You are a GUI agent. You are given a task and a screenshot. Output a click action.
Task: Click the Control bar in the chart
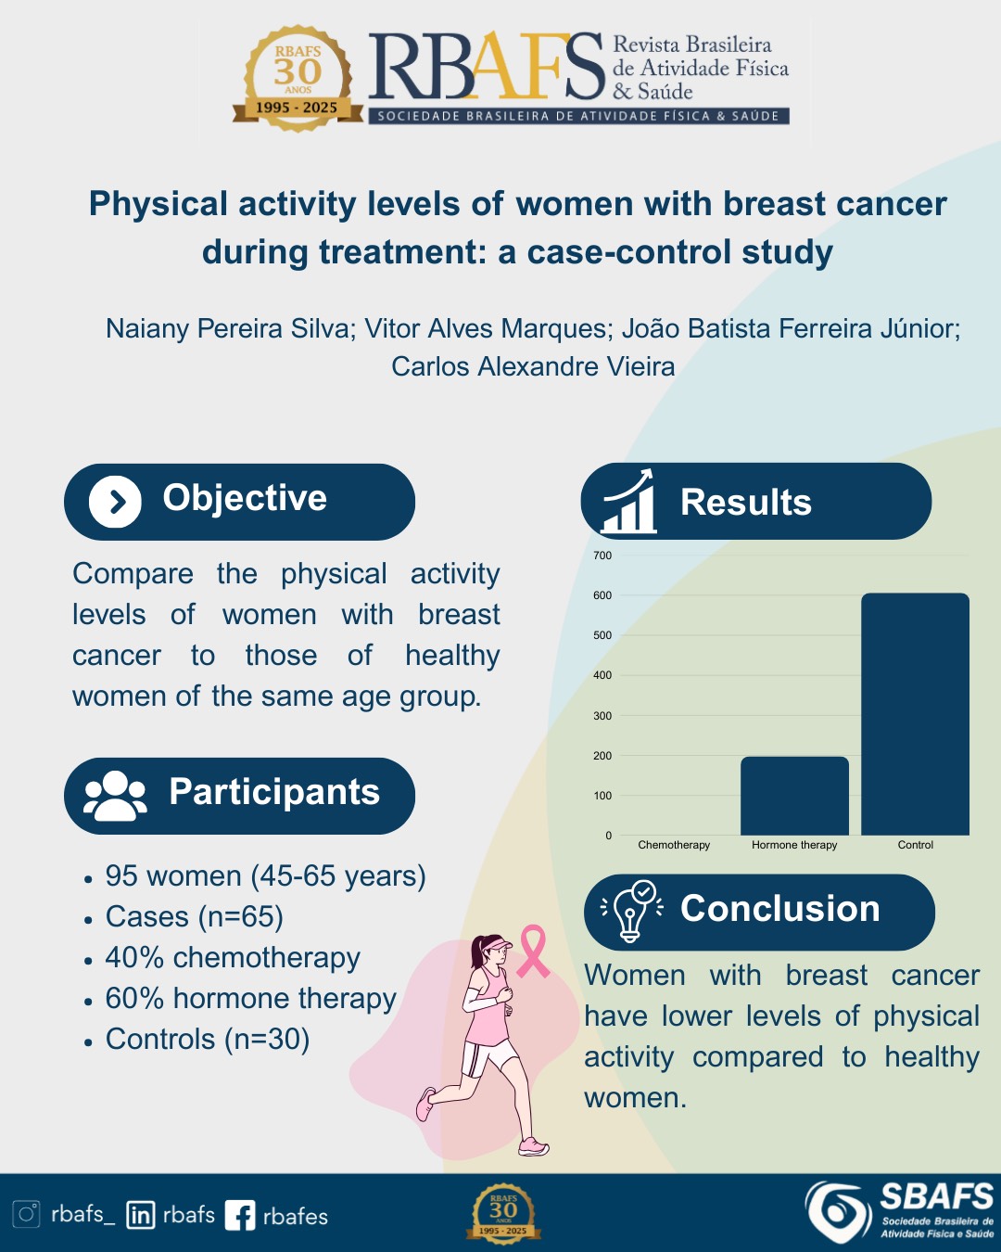point(915,714)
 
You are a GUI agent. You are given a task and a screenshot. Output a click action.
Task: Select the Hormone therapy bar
point(794,796)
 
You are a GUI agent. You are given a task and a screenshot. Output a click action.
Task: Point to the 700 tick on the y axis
point(602,556)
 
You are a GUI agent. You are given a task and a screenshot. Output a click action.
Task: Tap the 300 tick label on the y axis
point(602,716)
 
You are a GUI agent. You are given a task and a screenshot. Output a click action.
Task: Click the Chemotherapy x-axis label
point(674,845)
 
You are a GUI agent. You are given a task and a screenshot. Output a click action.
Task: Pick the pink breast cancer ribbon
point(533,952)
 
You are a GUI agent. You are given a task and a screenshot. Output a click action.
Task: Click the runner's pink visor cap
point(498,944)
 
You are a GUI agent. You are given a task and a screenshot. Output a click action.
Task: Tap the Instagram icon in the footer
point(26,1214)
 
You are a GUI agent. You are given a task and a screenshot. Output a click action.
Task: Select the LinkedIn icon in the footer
point(141,1215)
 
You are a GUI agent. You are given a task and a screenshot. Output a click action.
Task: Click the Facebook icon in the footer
point(240,1215)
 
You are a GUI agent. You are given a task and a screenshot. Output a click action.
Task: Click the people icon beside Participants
point(115,796)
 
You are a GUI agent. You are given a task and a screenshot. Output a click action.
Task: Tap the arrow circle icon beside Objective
point(115,502)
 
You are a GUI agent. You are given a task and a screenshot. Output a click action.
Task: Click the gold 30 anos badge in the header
point(298,78)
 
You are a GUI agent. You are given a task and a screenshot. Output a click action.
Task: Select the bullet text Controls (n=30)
point(207,1039)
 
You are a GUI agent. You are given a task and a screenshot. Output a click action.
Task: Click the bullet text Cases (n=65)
point(195,917)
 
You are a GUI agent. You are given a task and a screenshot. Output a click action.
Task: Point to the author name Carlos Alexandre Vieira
point(533,366)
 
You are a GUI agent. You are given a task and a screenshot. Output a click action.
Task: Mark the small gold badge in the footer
point(503,1214)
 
